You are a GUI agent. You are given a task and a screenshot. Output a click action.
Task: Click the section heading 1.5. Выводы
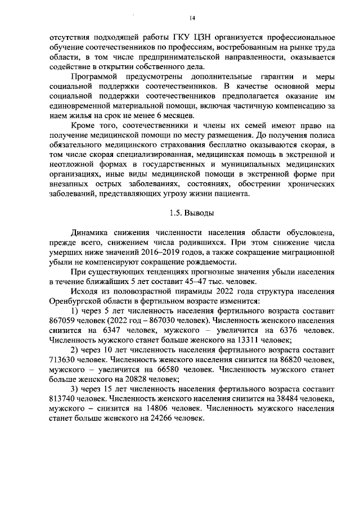[x=191, y=214]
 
